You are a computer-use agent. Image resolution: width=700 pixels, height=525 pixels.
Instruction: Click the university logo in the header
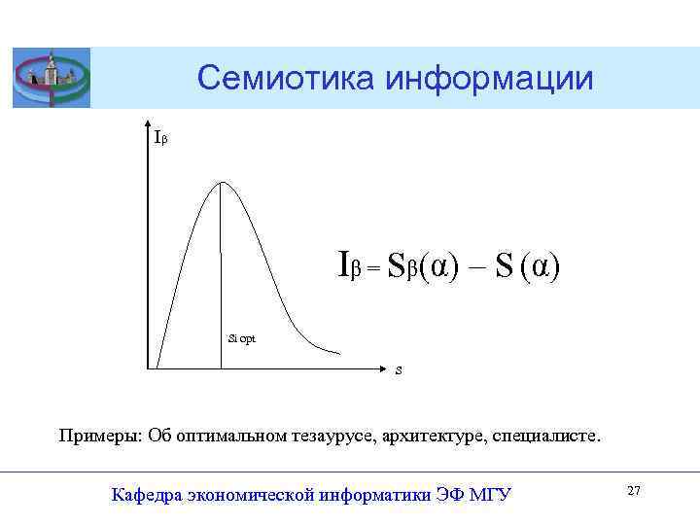51,78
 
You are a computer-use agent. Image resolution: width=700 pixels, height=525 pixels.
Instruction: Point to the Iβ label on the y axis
161,139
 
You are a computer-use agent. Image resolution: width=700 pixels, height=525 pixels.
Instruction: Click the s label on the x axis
400,370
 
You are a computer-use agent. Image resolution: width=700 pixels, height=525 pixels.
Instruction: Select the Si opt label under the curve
242,337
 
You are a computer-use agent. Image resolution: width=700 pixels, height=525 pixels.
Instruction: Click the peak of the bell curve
223,183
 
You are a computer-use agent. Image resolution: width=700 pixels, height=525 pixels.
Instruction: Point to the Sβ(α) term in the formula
418,265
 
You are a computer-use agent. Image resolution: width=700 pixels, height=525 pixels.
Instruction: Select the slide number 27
634,492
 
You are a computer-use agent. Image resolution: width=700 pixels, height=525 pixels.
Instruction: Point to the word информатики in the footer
376,495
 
